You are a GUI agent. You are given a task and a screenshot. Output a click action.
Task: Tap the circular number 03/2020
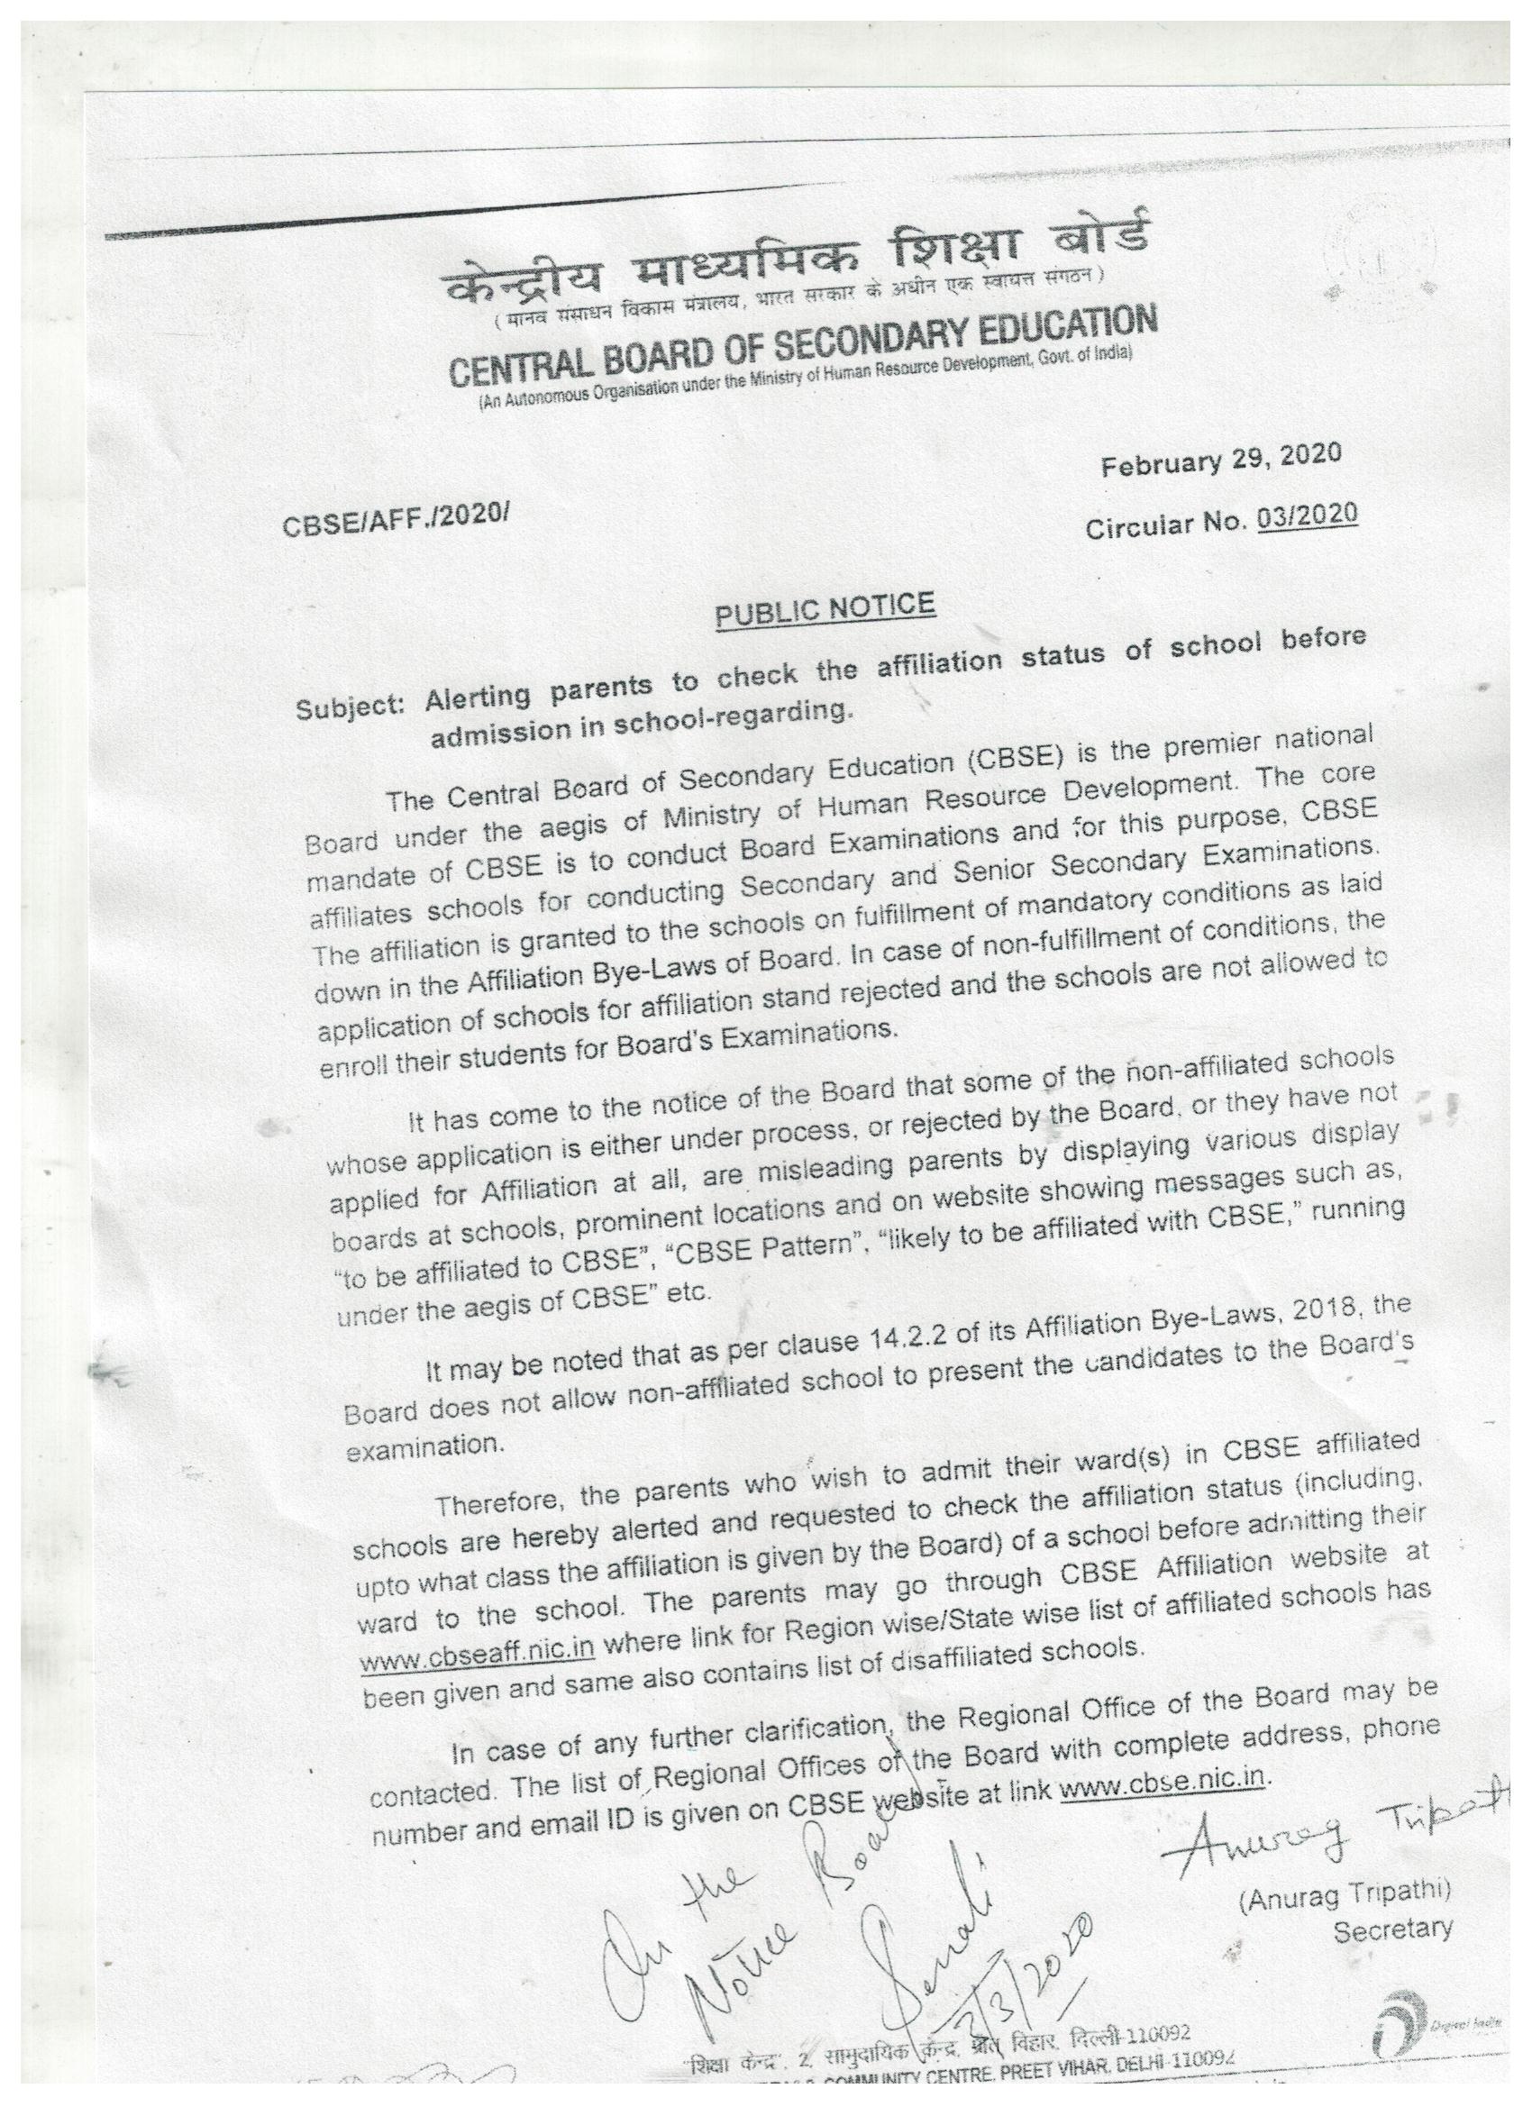tap(1305, 517)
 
